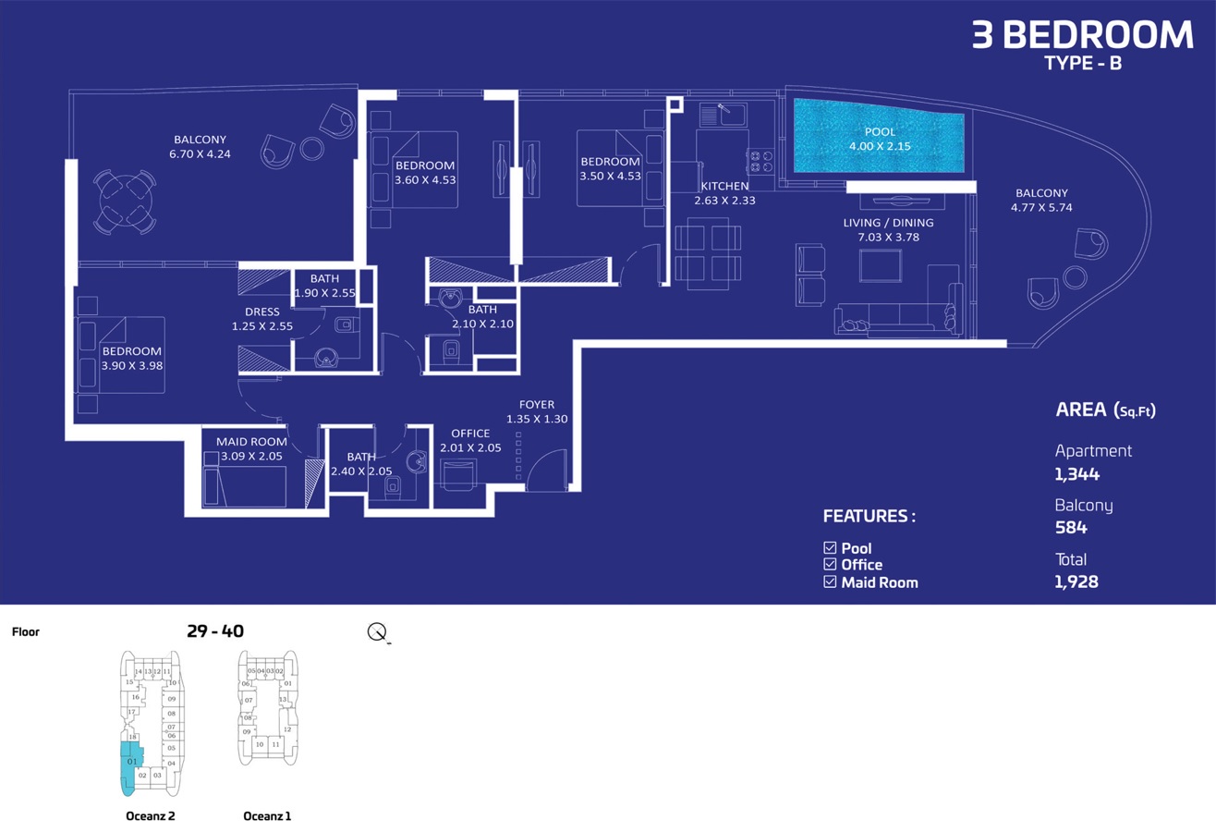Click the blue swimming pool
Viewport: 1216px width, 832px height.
pyautogui.click(x=878, y=139)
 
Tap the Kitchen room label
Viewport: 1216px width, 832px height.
pyautogui.click(x=724, y=187)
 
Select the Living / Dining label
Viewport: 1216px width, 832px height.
pyautogui.click(x=888, y=223)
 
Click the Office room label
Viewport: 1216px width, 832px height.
pyautogui.click(x=470, y=434)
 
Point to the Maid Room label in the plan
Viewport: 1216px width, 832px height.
pyautogui.click(x=251, y=442)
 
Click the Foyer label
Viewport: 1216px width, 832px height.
pyautogui.click(x=537, y=405)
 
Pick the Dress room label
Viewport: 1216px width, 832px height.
pyautogui.click(x=262, y=312)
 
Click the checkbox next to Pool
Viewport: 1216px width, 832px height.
pyautogui.click(x=830, y=548)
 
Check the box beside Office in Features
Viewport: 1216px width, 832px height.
pyautogui.click(x=830, y=565)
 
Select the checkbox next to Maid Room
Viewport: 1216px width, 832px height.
pyautogui.click(x=830, y=582)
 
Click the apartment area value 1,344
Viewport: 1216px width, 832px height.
pyautogui.click(x=1077, y=474)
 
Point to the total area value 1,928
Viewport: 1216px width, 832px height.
pyautogui.click(x=1076, y=582)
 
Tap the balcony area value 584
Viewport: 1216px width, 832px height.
pyautogui.click(x=1071, y=528)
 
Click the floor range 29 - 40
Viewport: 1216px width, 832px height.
pyautogui.click(x=215, y=631)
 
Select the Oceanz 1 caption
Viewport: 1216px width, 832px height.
pyautogui.click(x=267, y=816)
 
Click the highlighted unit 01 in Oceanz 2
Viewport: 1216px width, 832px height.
pyautogui.click(x=130, y=762)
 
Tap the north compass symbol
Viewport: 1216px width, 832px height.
pyautogui.click(x=377, y=632)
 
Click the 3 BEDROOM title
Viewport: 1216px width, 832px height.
pyautogui.click(x=1082, y=35)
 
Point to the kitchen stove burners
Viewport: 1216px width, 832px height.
pyautogui.click(x=760, y=162)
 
